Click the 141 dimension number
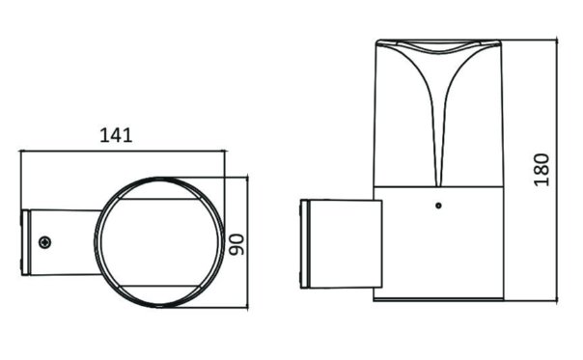(x=116, y=135)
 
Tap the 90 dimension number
(x=236, y=244)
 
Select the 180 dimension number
(x=541, y=170)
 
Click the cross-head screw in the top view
(x=45, y=242)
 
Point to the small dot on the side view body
(x=438, y=206)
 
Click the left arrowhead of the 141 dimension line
(x=22, y=151)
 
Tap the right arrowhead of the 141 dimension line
(x=222, y=151)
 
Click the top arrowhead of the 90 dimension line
(x=247, y=180)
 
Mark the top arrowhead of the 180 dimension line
(x=556, y=41)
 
